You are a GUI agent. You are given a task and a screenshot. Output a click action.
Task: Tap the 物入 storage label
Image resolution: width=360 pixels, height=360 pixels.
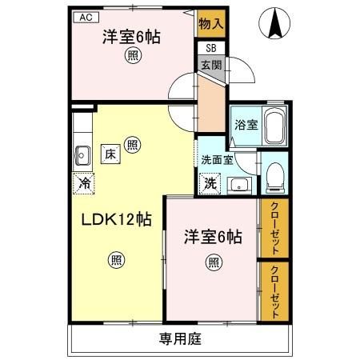click(x=211, y=23)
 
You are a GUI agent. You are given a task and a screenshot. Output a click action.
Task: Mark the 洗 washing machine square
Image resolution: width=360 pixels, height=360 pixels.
click(x=209, y=182)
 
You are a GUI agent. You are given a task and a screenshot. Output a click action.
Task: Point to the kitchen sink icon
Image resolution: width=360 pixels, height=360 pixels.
click(x=82, y=154)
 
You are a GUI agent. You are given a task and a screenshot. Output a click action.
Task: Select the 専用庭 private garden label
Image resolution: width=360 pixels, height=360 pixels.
click(x=179, y=338)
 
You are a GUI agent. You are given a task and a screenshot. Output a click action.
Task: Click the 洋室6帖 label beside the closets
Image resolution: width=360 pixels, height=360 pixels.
click(x=213, y=237)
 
